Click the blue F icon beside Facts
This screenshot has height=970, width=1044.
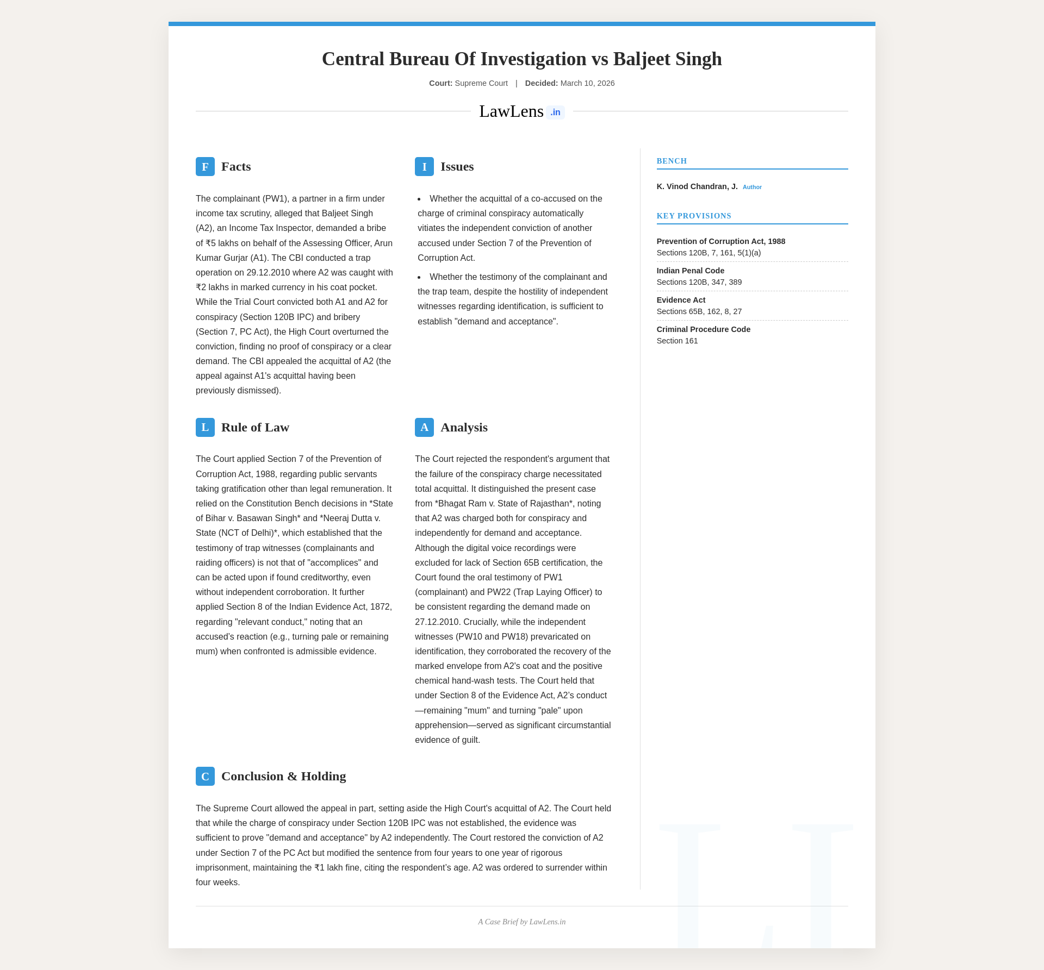point(205,166)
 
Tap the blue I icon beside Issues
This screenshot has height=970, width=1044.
point(424,166)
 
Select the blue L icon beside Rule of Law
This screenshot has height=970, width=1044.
point(205,427)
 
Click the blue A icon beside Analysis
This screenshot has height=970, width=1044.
point(424,427)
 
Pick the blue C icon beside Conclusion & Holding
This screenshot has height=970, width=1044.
point(205,776)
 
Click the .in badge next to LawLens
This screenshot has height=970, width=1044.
point(555,112)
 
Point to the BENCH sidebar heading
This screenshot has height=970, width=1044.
point(672,161)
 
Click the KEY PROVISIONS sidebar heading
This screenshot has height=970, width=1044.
point(694,216)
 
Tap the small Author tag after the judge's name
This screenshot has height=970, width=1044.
point(752,187)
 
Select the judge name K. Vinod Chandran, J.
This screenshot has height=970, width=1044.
point(697,186)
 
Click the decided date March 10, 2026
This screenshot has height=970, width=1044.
point(587,83)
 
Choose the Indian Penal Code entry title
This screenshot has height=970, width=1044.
point(690,271)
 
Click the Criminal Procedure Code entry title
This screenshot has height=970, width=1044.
point(703,329)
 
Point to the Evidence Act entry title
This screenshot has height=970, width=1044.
point(681,300)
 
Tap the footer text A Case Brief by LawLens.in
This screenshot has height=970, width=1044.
point(521,922)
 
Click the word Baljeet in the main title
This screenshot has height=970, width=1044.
point(642,59)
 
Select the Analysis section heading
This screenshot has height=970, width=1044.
point(464,427)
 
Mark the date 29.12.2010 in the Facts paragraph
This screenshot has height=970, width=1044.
point(268,272)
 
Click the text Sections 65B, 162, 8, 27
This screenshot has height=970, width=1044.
point(699,311)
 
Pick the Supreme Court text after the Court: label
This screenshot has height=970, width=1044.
point(481,83)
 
